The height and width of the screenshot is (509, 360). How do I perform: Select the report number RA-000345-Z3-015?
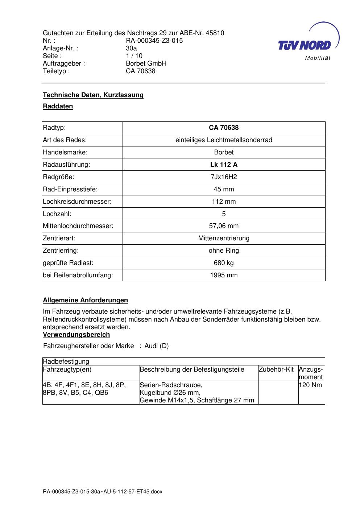[x=154, y=41]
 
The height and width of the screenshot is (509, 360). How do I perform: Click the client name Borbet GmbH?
[x=146, y=63]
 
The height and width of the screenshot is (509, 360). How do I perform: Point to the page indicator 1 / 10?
[x=134, y=56]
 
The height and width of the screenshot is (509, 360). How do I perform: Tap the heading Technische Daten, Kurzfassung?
[x=93, y=95]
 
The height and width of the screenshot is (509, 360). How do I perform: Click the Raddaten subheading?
[x=58, y=106]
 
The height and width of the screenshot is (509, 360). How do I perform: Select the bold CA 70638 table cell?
[x=224, y=128]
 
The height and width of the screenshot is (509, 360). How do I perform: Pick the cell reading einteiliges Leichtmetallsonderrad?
[x=224, y=140]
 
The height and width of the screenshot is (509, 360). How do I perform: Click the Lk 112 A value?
[x=224, y=165]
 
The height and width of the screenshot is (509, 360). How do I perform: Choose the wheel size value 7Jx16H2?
[x=224, y=177]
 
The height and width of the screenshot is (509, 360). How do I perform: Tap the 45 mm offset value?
[x=224, y=189]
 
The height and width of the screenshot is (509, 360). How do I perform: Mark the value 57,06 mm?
[x=224, y=226]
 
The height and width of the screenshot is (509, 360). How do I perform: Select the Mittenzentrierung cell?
[x=224, y=238]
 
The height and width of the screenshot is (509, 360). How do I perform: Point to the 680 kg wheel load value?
[x=224, y=263]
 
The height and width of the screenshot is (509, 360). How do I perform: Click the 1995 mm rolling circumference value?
[x=224, y=275]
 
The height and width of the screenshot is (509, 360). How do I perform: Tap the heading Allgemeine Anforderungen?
[x=85, y=300]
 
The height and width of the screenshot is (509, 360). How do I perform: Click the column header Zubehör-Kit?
[x=276, y=369]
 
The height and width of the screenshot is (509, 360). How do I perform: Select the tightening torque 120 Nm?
[x=310, y=385]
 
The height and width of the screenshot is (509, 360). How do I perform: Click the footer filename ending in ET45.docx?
[x=103, y=492]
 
